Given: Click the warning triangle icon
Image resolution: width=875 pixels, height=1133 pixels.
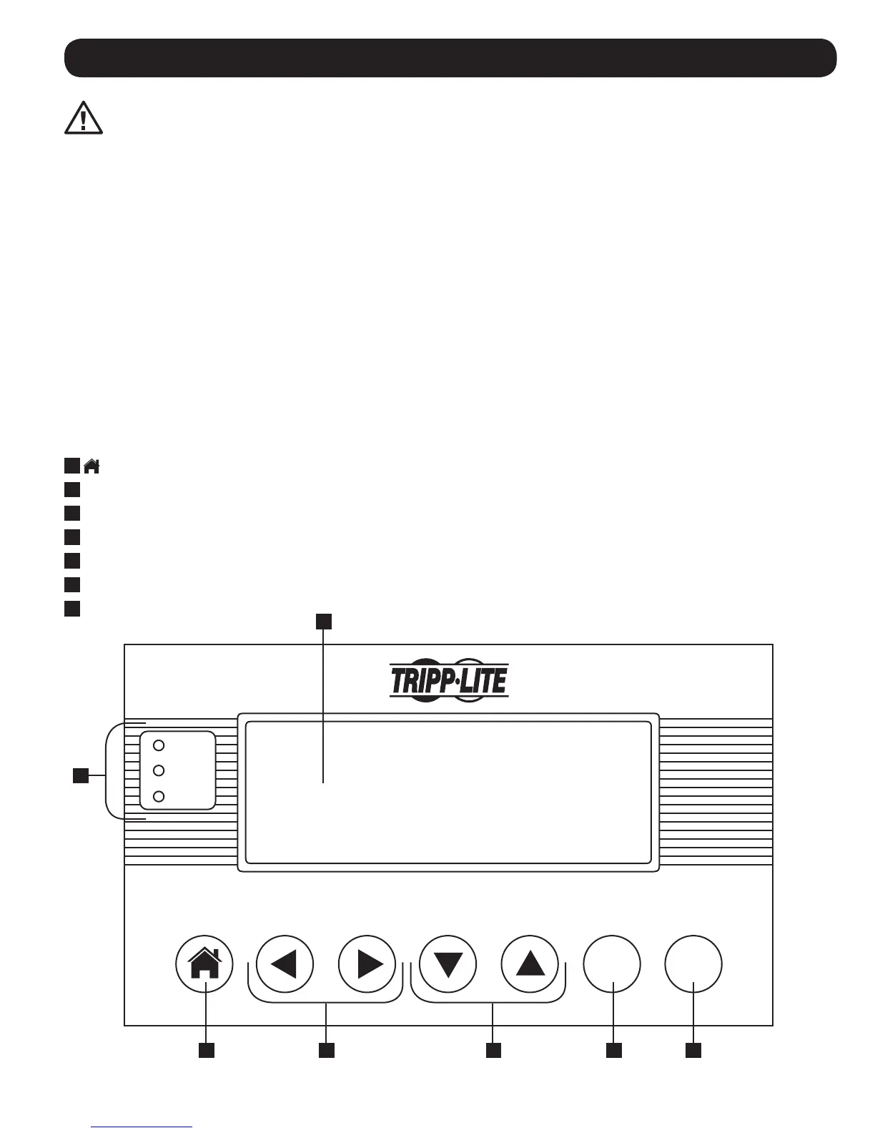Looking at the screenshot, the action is click(84, 118).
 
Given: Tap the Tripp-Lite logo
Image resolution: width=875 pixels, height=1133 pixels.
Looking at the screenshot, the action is click(449, 680).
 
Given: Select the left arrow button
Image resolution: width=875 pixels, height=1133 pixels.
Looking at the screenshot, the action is click(285, 964).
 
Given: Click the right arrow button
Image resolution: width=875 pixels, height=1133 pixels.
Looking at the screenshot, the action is click(367, 964).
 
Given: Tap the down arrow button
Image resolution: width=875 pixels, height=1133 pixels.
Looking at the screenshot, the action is click(448, 964).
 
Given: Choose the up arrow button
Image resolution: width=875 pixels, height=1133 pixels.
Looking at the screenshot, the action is click(530, 964).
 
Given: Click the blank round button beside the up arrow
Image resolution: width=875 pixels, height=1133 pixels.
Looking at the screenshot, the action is click(612, 964).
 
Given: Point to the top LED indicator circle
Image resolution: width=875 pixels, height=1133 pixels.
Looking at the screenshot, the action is click(159, 745).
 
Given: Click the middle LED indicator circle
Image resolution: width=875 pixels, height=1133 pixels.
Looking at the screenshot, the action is click(159, 770).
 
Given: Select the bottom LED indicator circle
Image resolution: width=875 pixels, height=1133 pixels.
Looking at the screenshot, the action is click(159, 796).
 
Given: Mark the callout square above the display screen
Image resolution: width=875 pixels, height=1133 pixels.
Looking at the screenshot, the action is click(324, 622).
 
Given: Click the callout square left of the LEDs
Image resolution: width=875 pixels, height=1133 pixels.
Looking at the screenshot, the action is click(81, 775).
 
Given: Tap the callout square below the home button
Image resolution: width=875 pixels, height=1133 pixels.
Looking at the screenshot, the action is click(207, 1050).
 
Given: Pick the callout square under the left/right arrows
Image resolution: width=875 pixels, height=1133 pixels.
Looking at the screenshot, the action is click(326, 1050).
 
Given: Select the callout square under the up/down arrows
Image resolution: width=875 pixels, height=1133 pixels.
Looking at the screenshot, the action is click(493, 1050).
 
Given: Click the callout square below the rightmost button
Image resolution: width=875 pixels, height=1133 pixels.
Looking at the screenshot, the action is click(693, 1050).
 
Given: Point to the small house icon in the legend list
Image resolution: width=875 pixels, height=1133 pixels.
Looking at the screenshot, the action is click(92, 466).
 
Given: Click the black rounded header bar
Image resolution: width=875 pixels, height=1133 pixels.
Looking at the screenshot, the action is click(450, 58).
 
